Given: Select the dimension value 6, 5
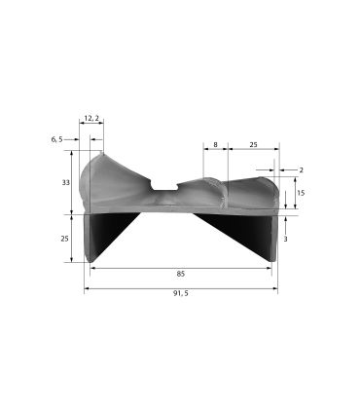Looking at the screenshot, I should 56,139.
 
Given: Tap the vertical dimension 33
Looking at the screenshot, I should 65,182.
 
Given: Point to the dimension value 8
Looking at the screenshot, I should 214,144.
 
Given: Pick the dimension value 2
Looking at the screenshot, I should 301,169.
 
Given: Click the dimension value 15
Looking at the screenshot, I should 301,193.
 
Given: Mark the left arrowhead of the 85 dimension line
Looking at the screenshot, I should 91,268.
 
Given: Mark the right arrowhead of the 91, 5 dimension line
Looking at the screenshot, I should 275,289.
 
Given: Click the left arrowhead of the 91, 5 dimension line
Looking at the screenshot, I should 87,289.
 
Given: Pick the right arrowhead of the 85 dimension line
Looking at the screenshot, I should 270,268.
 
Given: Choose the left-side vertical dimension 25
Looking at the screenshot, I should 65,239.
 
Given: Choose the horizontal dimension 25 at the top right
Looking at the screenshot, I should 254,144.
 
